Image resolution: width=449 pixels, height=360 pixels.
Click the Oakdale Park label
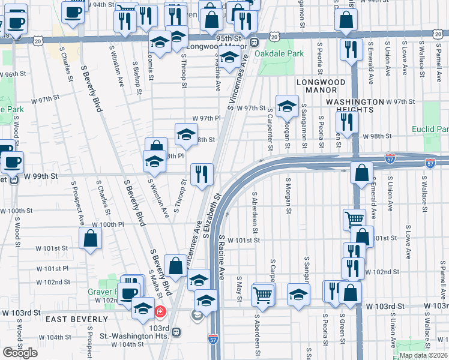[x=279, y=53]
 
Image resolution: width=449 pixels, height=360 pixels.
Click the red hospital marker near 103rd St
[x=160, y=311]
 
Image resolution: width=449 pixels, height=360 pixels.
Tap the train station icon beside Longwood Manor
[x=255, y=42]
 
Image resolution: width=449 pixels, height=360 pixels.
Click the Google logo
[x=20, y=352]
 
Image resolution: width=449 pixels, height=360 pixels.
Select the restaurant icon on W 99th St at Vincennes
[x=202, y=174]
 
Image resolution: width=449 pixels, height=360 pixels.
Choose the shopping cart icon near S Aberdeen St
[x=262, y=294]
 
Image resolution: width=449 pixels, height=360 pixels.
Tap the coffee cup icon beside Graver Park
[x=127, y=293]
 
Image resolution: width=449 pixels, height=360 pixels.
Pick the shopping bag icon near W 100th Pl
[x=89, y=238]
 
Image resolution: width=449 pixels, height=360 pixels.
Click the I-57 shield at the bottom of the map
[x=213, y=339]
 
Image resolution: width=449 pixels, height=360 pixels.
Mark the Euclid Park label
[x=430, y=129]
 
